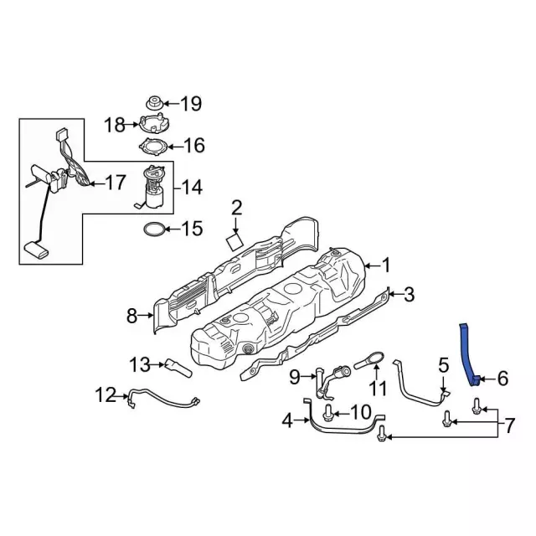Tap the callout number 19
(191, 103)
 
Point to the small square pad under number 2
(234, 242)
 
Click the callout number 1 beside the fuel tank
(386, 265)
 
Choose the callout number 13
(140, 365)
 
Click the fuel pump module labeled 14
(153, 186)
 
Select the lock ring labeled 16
(153, 147)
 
